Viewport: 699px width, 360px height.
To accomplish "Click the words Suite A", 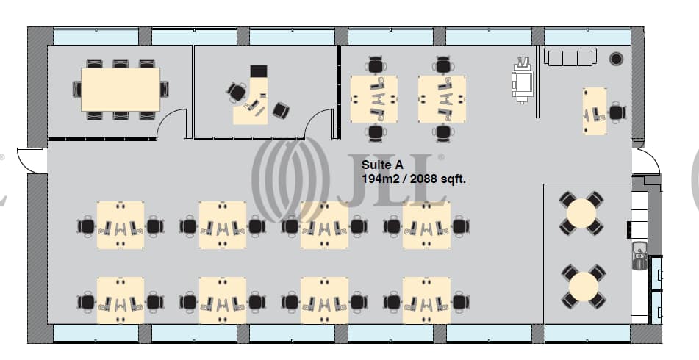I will click(381, 166).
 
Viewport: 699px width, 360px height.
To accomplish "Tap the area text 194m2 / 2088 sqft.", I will click(414, 179).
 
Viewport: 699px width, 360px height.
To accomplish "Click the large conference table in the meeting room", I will click(121, 89).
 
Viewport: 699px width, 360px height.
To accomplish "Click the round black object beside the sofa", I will click(616, 58).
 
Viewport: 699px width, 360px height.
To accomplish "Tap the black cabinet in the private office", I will click(259, 71).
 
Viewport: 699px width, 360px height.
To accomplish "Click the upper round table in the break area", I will click(581, 214).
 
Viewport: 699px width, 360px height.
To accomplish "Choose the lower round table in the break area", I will click(581, 286).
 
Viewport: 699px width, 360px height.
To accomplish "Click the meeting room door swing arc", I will click(172, 123).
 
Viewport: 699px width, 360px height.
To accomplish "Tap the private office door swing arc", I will click(320, 123).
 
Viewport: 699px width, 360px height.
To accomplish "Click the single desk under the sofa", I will click(595, 112).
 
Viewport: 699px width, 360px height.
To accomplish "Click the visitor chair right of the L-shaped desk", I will click(281, 110).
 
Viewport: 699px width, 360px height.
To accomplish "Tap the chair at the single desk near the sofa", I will click(617, 112).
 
